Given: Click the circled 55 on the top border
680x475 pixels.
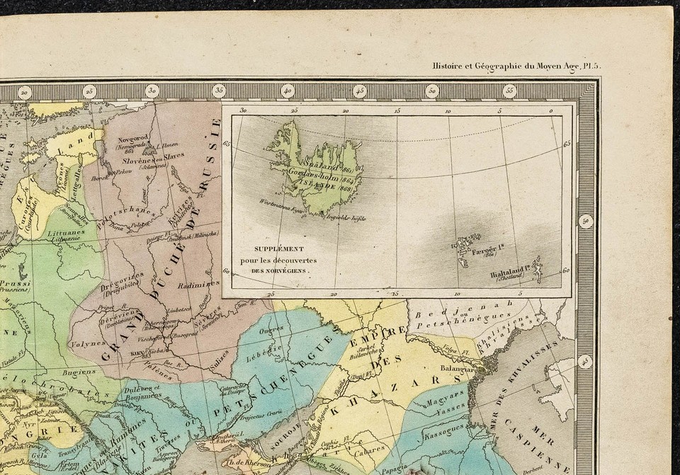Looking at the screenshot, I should tap(509, 91).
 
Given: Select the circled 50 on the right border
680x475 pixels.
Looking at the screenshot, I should tap(585, 221).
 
